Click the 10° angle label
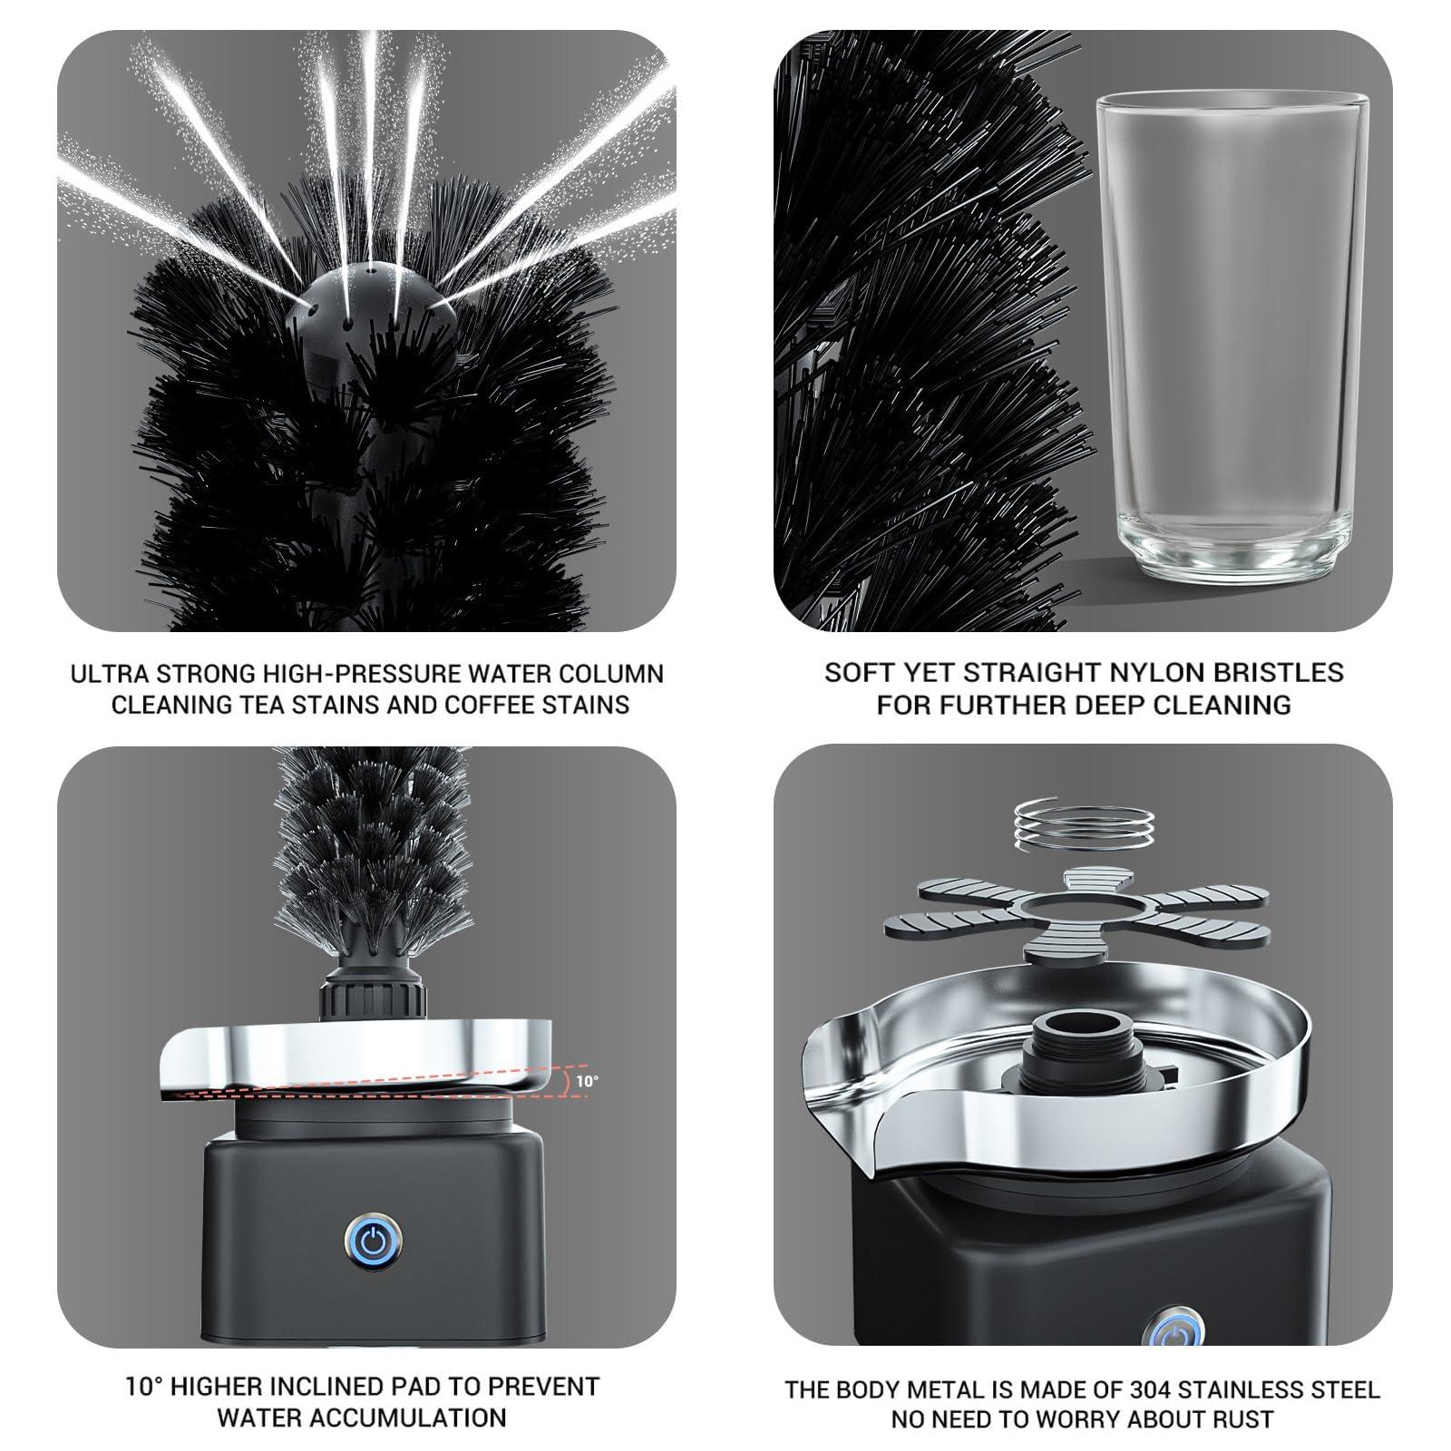coord(586,1080)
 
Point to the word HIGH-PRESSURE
coord(375,674)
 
